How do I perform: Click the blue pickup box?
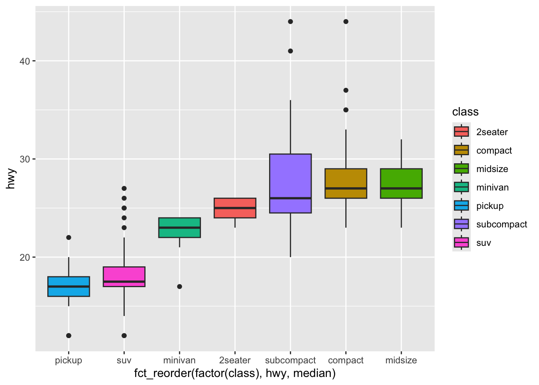coord(69,286)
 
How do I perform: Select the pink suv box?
coord(124,277)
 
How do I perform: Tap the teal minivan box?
coord(179,227)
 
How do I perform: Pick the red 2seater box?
coord(235,208)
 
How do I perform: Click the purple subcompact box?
coord(290,183)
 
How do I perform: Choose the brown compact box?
coord(346,183)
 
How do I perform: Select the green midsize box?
coord(401,183)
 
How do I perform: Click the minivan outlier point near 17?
coord(180,286)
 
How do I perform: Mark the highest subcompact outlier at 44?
coord(290,22)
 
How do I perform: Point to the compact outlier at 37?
coord(346,90)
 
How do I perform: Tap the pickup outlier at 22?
coord(69,237)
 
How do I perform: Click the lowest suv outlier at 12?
coord(124,336)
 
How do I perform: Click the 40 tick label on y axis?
coord(25,61)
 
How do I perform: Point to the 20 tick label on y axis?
coord(25,257)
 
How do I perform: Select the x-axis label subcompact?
coord(290,360)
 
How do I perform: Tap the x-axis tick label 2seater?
coord(235,360)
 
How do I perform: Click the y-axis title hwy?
coord(11,179)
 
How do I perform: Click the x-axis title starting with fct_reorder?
coord(235,373)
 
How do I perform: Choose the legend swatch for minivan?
coord(461,187)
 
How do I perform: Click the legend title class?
coord(465,111)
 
